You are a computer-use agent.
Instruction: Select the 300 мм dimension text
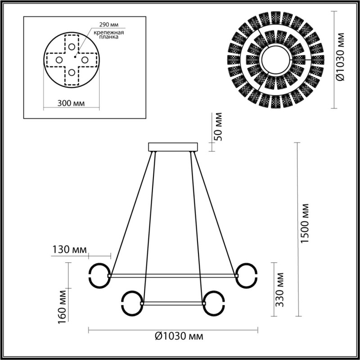pos(72,103)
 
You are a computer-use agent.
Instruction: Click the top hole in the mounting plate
pos(72,46)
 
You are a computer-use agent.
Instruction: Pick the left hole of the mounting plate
pos(58,59)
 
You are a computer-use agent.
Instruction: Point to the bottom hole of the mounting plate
pos(72,72)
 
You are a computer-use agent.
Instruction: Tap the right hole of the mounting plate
pos(85,59)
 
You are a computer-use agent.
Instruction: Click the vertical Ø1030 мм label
pos(341,59)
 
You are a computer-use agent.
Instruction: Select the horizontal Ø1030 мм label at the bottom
pos(173,336)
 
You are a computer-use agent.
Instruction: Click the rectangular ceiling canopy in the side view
pos(173,147)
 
